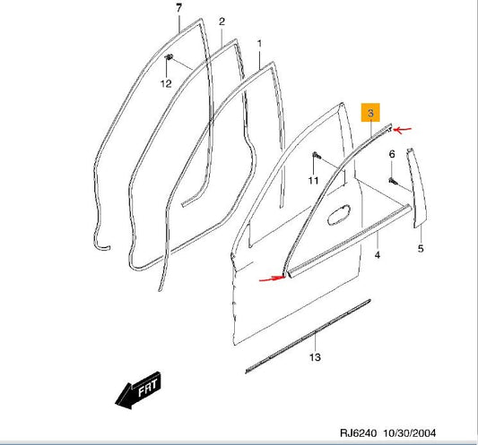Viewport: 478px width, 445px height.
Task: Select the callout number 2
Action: pyautogui.click(x=222, y=21)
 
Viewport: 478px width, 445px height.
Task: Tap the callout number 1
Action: pyautogui.click(x=260, y=43)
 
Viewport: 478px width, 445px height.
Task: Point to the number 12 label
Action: pyautogui.click(x=165, y=83)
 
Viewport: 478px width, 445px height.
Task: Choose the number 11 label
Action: pyautogui.click(x=314, y=182)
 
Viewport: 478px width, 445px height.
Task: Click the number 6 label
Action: pyautogui.click(x=391, y=155)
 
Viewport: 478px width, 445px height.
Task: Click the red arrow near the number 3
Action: pyautogui.click(x=403, y=130)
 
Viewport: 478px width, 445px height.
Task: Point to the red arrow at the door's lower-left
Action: pyautogui.click(x=271, y=278)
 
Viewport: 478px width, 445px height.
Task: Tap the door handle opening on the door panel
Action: pyautogui.click(x=341, y=215)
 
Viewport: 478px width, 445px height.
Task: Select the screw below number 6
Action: pyautogui.click(x=393, y=181)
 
